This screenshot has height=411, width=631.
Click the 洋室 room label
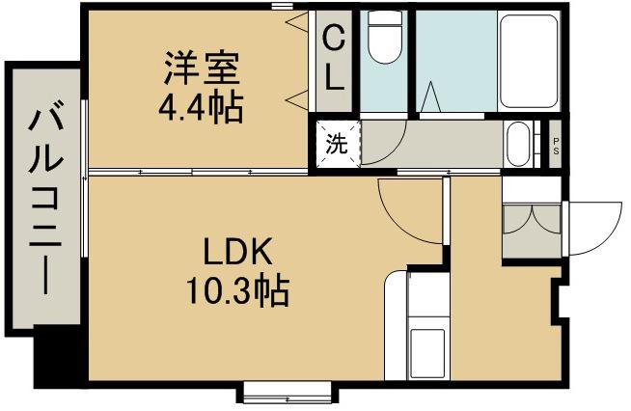(x=201, y=68)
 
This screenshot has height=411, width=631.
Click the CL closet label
(x=333, y=57)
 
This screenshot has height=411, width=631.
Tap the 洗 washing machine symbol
(x=335, y=146)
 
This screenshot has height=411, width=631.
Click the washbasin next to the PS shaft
(x=520, y=145)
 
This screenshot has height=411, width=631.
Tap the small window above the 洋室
(x=282, y=7)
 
